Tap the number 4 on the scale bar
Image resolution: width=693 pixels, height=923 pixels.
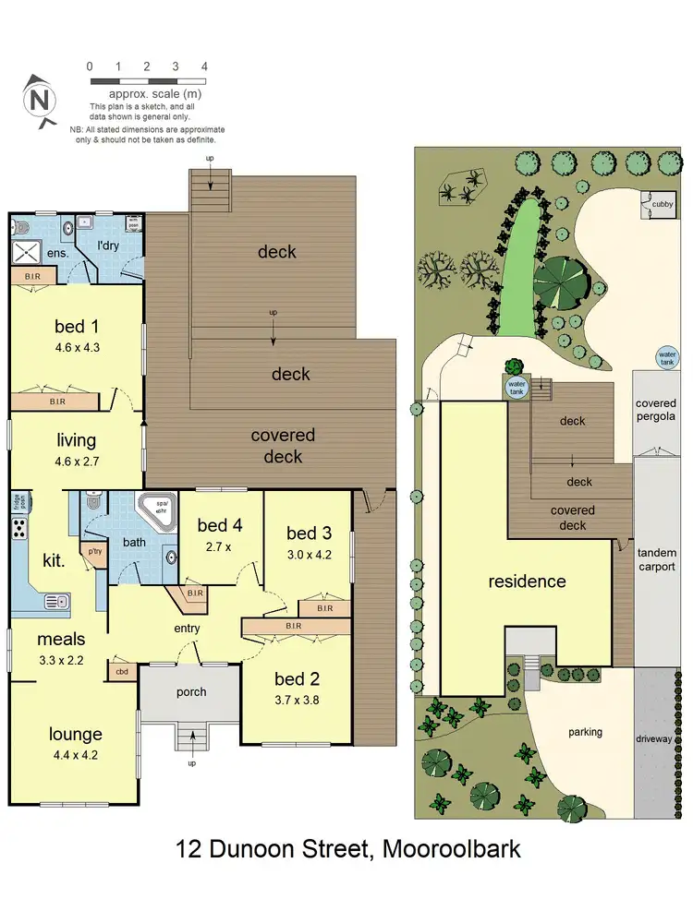click(204, 66)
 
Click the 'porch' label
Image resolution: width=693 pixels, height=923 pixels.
click(191, 692)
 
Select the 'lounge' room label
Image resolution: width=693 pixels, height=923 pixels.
click(75, 735)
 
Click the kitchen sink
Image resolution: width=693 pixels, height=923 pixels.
click(57, 604)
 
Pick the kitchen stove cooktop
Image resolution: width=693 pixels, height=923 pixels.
click(19, 529)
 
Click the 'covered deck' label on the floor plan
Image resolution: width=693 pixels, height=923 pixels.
click(283, 446)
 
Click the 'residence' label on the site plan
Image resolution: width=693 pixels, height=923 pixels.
click(527, 581)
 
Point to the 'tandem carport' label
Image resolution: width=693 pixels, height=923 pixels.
click(656, 559)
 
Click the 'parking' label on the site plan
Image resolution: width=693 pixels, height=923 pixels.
click(585, 732)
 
